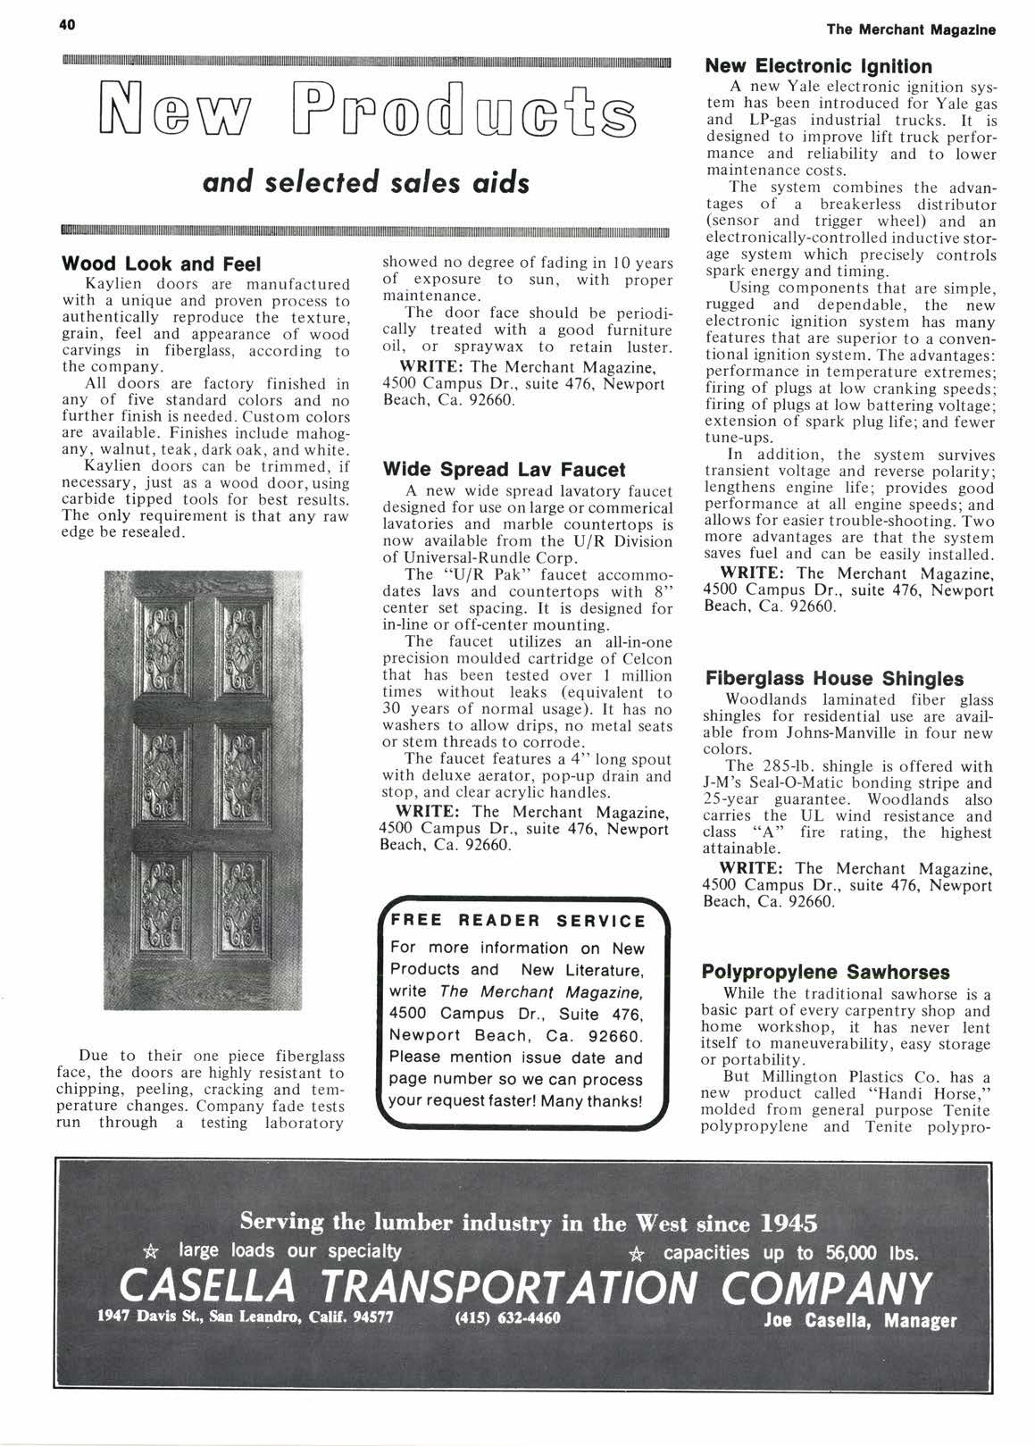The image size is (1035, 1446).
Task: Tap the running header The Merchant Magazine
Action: [x=910, y=29]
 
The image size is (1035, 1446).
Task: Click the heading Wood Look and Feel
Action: [x=160, y=264]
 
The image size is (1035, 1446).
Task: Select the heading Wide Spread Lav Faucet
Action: [x=504, y=469]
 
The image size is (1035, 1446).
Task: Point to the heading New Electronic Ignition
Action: [x=818, y=66]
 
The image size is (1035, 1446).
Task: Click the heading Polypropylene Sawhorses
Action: [x=826, y=972]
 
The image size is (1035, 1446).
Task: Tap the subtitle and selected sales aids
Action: [x=366, y=182]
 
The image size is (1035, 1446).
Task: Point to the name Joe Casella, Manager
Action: [x=861, y=1321]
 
